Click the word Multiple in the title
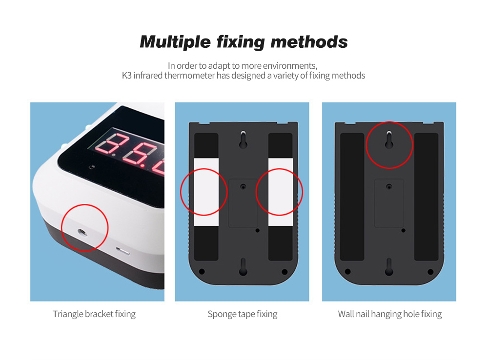pyautogui.click(x=176, y=42)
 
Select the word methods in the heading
pyautogui.click(x=309, y=41)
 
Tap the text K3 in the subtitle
pyautogui.click(x=127, y=76)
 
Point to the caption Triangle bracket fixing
pyautogui.click(x=94, y=314)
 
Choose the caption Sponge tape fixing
pyautogui.click(x=243, y=314)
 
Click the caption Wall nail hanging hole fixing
pyautogui.click(x=389, y=314)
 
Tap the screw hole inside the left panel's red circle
pyautogui.click(x=82, y=232)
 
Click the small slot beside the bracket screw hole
pyautogui.click(x=122, y=251)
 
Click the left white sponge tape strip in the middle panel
pyautogui.click(x=206, y=192)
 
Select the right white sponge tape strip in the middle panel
pyautogui.click(x=281, y=192)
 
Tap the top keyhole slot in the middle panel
pyautogui.click(x=243, y=140)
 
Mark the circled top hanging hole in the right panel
pyautogui.click(x=389, y=140)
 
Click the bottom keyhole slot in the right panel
pyautogui.click(x=389, y=267)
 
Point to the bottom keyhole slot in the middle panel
pyautogui.click(x=243, y=267)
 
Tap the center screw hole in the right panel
pyautogui.click(x=389, y=187)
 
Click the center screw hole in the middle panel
pyautogui.click(x=243, y=187)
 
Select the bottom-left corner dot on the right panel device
pyautogui.click(x=347, y=272)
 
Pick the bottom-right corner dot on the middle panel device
pyautogui.click(x=285, y=272)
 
